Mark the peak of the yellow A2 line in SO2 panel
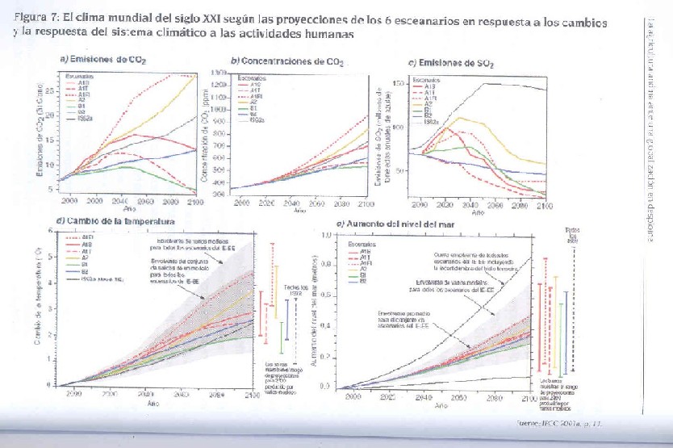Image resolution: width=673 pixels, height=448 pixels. coord(459,118)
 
